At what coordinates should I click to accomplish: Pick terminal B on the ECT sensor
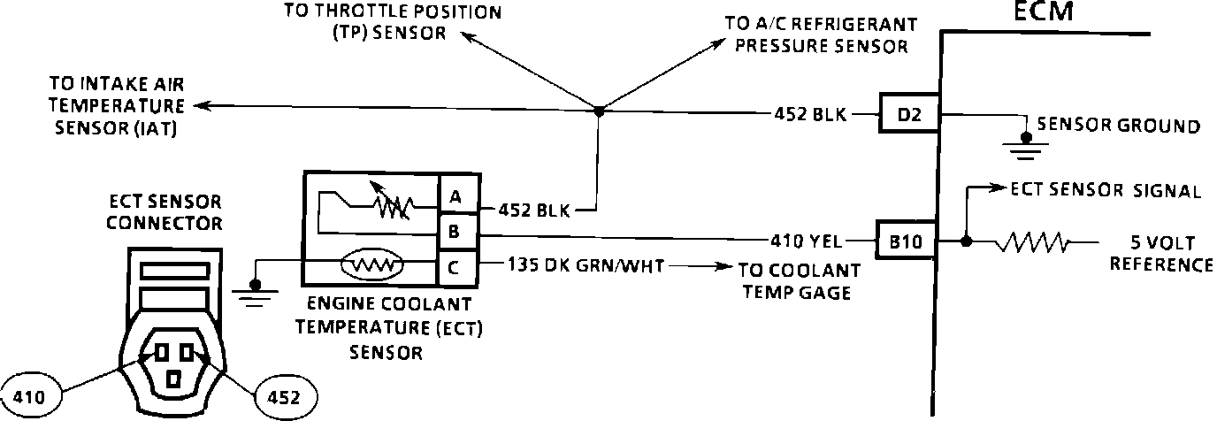(456, 232)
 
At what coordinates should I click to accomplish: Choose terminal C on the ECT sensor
(456, 265)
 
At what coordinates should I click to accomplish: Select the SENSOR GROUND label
(1118, 126)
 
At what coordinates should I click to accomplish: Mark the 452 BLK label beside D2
(809, 113)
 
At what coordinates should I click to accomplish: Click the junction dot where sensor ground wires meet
(599, 110)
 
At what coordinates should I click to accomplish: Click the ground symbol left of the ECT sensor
(255, 293)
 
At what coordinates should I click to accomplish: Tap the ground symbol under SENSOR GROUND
(1024, 146)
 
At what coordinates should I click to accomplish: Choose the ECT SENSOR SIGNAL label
(1106, 191)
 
